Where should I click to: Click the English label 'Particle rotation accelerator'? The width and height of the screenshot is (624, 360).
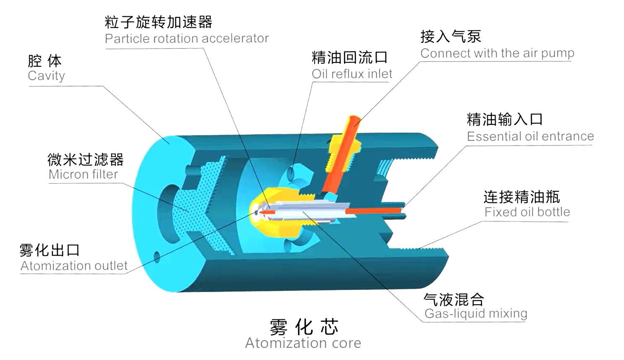(187, 39)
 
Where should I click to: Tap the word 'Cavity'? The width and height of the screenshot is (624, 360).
(47, 76)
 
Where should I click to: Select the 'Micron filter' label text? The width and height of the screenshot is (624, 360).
(83, 175)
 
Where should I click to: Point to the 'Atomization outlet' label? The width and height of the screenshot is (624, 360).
(74, 266)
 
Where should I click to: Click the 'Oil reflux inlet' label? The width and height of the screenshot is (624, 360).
(352, 74)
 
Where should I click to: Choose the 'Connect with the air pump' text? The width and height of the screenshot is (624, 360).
(497, 53)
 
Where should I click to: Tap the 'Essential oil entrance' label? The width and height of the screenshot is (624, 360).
(530, 136)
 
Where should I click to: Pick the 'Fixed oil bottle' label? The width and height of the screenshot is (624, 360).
(527, 212)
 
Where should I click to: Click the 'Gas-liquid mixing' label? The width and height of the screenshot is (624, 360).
(476, 314)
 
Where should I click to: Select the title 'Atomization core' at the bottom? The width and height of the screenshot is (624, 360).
(303, 343)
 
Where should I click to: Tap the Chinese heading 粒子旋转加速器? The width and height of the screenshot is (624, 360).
(159, 22)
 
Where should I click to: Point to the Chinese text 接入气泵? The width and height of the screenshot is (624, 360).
(451, 37)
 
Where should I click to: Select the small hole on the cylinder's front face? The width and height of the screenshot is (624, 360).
(157, 257)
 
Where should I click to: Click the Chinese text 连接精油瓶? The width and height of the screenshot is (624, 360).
(522, 197)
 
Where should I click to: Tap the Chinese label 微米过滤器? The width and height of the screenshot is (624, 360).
(86, 160)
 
